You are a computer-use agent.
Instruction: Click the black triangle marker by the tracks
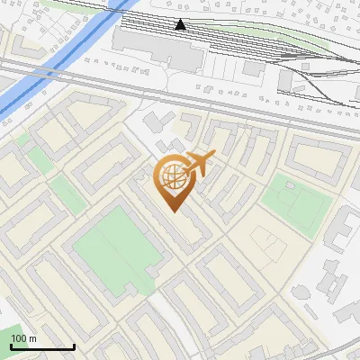pos(181,24)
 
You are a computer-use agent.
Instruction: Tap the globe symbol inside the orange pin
pos(173,176)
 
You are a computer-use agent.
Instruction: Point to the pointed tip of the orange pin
pos(173,210)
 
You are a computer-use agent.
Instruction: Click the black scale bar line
pos(41,346)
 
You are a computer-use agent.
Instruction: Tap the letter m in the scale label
pos(33,338)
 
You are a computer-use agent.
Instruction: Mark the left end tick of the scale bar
pos(10,345)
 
